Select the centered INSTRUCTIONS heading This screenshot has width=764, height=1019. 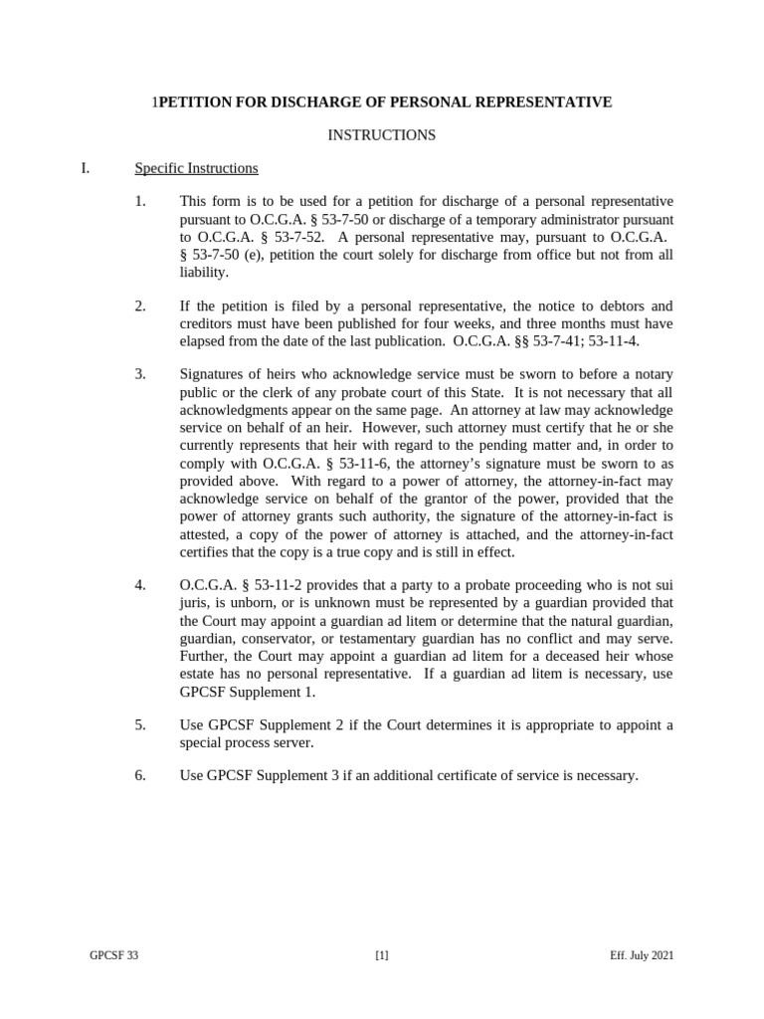click(x=382, y=135)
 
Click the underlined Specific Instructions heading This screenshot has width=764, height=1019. click(x=196, y=168)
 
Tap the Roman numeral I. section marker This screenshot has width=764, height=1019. click(x=86, y=168)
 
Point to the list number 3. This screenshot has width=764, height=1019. click(x=140, y=374)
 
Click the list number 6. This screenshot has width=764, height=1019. click(x=140, y=775)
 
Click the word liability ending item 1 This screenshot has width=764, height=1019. click(x=204, y=273)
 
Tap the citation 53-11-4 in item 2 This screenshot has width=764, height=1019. click(x=610, y=341)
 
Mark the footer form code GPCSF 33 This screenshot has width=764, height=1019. click(x=114, y=956)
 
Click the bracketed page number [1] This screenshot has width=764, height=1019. click(x=382, y=956)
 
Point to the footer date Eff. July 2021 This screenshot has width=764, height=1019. click(x=642, y=956)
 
